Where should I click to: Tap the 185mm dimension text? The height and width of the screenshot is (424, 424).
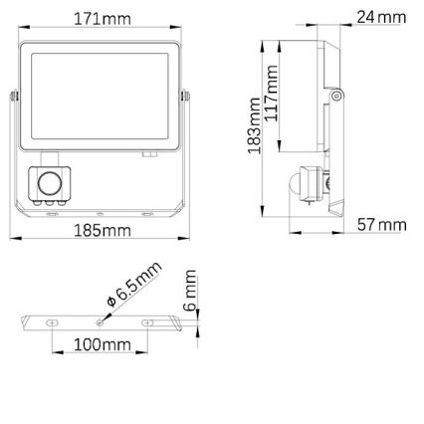103,232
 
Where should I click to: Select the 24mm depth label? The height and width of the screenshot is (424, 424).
381,17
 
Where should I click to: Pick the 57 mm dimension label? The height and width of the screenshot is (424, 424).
381,225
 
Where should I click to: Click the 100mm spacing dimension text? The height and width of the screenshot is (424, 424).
103,344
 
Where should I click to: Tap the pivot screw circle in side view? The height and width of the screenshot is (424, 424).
338,96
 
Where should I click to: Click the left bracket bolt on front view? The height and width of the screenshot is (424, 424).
14,96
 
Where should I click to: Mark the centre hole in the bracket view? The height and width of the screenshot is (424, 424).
99,321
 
